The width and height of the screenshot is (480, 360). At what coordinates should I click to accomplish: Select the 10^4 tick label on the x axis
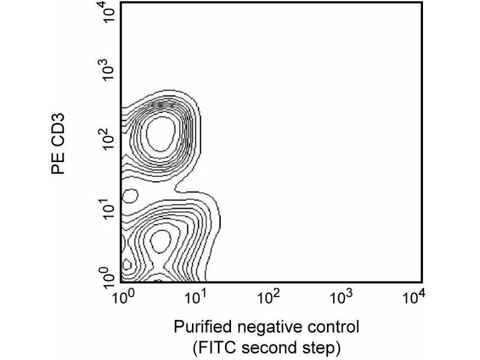pyautogui.click(x=414, y=297)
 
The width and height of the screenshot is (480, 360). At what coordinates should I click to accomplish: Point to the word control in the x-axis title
pyautogui.click(x=331, y=328)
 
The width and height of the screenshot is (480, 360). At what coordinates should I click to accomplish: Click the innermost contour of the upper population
pyautogui.click(x=161, y=133)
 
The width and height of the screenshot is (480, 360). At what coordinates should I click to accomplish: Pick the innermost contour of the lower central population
pyautogui.click(x=161, y=241)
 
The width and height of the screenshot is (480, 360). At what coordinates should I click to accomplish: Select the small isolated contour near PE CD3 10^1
pyautogui.click(x=130, y=195)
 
